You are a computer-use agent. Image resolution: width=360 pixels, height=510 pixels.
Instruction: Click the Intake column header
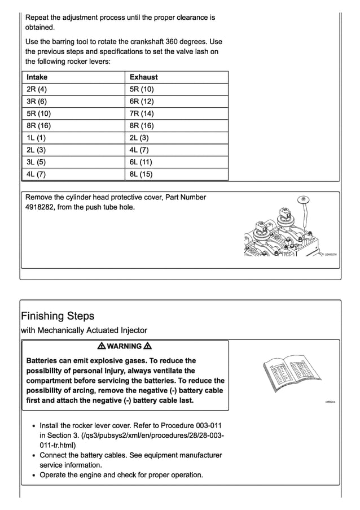point(37,77)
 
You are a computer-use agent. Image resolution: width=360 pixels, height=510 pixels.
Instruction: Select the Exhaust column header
point(144,77)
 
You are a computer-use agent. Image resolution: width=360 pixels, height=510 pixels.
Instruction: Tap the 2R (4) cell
point(37,89)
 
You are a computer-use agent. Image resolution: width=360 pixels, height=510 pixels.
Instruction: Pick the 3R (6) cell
point(37,102)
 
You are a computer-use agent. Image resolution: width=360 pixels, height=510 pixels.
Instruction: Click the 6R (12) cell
point(142,102)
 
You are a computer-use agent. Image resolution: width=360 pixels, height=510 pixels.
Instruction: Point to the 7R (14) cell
point(142,114)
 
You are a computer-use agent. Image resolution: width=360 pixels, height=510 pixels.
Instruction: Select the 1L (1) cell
point(36,138)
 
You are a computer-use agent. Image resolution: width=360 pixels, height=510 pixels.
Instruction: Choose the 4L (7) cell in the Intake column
point(36,175)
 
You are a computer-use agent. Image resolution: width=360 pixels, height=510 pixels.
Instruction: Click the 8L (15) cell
point(141,175)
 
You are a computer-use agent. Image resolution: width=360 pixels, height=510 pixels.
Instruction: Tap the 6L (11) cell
point(141,162)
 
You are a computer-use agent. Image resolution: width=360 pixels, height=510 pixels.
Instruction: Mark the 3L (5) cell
point(36,162)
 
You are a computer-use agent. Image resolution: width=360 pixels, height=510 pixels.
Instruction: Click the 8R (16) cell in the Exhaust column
point(142,126)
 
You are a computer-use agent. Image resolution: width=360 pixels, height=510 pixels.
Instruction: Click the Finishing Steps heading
point(58,316)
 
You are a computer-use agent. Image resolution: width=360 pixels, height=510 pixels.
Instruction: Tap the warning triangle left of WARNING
point(101,346)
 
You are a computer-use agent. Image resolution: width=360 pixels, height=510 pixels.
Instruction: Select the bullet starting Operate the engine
point(121,475)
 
